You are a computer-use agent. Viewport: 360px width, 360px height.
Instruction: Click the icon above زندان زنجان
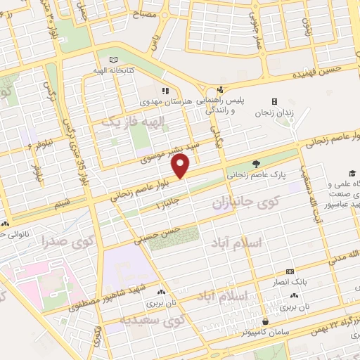[274, 101]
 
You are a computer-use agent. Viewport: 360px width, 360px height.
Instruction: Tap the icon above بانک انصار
[289, 271]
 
